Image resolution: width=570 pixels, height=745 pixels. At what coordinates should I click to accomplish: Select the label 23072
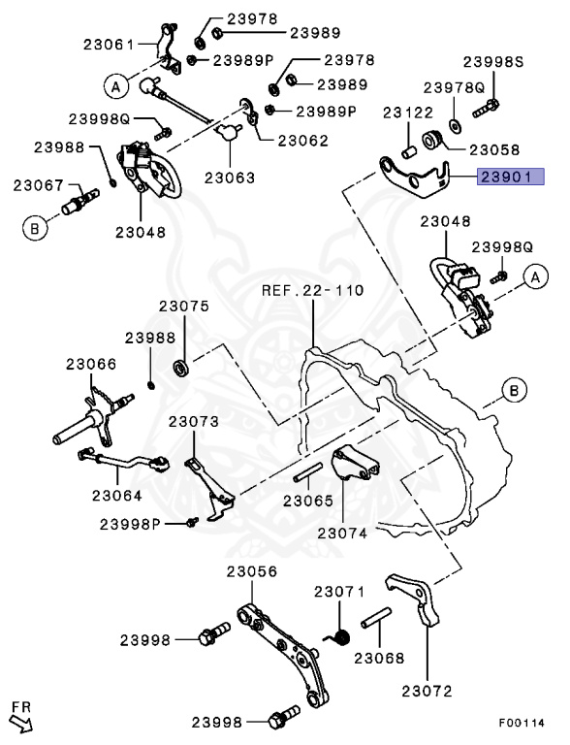click(x=427, y=691)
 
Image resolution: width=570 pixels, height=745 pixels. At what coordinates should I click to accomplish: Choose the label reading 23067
click(x=38, y=185)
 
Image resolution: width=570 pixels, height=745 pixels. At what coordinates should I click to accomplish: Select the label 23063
click(x=230, y=178)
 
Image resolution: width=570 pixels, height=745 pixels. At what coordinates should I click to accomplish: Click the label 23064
click(x=116, y=495)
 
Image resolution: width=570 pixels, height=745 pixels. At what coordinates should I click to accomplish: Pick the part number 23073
click(x=194, y=422)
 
